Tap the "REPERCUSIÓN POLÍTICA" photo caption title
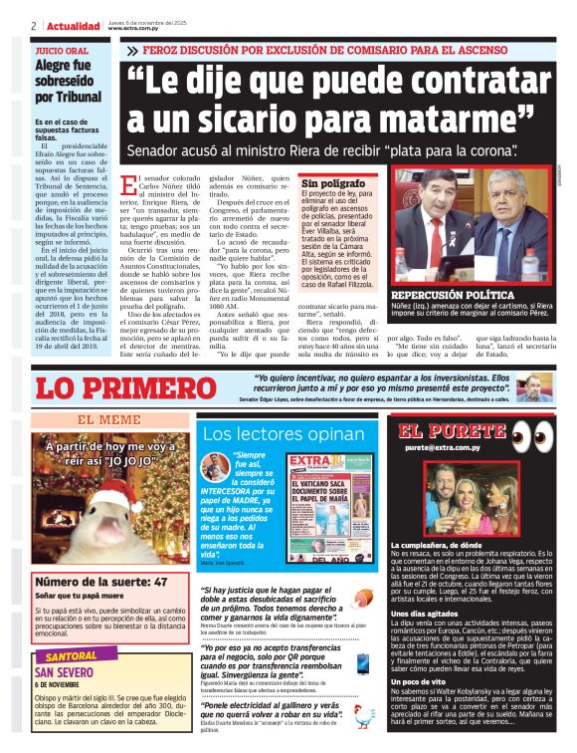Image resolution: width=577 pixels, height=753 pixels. tap(453, 296)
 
